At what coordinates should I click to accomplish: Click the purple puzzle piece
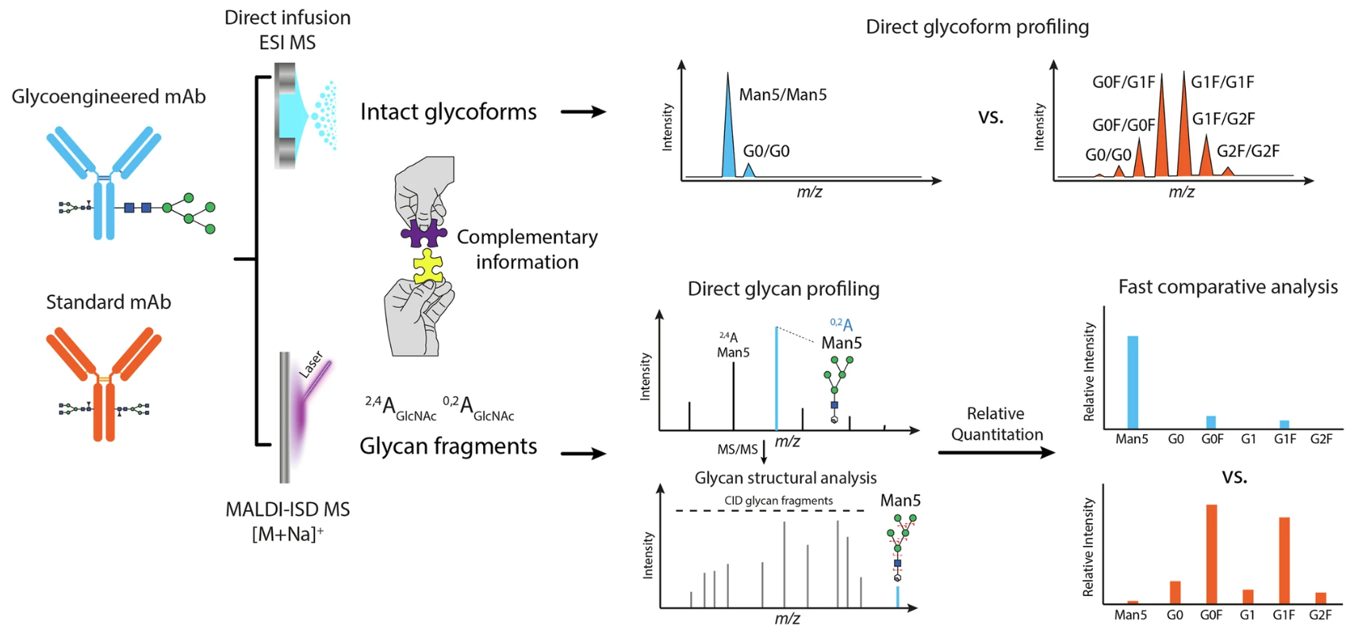423,234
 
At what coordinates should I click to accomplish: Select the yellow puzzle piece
428,267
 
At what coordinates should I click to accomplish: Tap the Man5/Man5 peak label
782,95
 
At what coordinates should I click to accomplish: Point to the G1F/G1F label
1222,82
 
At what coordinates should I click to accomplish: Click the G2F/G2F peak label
1247,151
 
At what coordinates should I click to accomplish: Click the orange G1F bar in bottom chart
1283,560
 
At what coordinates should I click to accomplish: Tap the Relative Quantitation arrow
996,452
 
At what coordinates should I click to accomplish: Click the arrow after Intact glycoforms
583,112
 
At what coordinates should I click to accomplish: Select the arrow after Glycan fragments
583,454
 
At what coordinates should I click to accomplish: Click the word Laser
311,364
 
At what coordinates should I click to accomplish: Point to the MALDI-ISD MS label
287,509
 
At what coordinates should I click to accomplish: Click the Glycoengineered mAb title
109,97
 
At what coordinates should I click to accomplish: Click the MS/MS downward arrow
764,452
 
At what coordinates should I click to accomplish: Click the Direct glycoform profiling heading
976,27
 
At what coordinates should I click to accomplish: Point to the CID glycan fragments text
778,501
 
